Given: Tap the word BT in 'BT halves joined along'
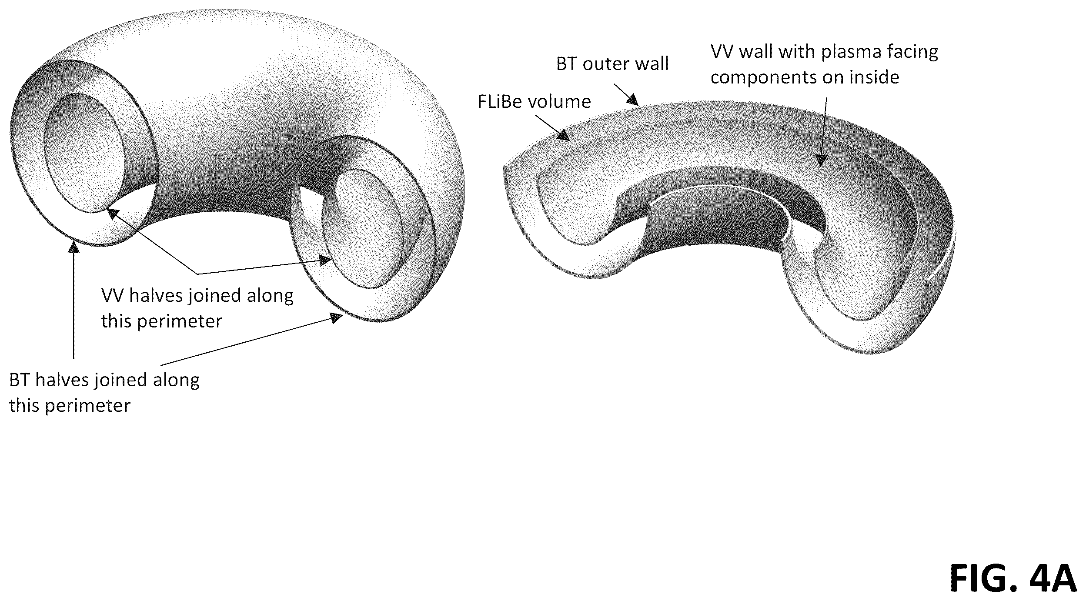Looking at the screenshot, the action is (x=20, y=380).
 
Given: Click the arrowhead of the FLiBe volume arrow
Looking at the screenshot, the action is (x=564, y=135).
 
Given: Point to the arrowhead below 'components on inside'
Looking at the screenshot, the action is (x=820, y=161).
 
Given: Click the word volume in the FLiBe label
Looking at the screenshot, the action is (x=559, y=102).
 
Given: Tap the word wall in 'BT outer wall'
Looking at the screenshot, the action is (x=652, y=64).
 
